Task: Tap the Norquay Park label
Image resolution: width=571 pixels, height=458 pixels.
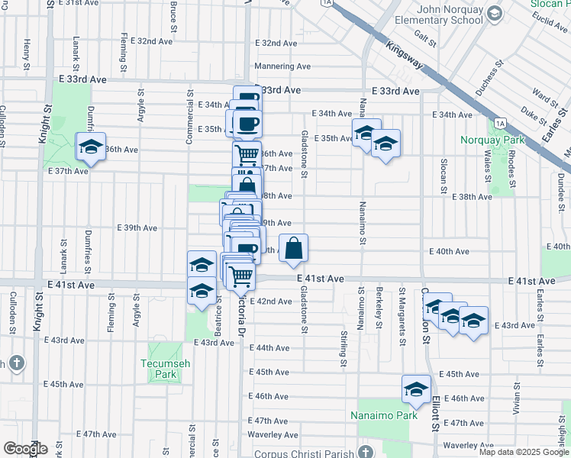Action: (x=492, y=140)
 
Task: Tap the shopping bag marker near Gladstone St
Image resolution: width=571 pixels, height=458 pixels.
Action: (x=294, y=249)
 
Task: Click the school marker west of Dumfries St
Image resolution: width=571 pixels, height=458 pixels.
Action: (x=90, y=147)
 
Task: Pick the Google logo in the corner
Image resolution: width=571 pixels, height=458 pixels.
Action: (x=24, y=449)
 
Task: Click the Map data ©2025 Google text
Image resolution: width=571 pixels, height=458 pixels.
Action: (x=524, y=452)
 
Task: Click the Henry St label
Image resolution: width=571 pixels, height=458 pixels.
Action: (x=27, y=53)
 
